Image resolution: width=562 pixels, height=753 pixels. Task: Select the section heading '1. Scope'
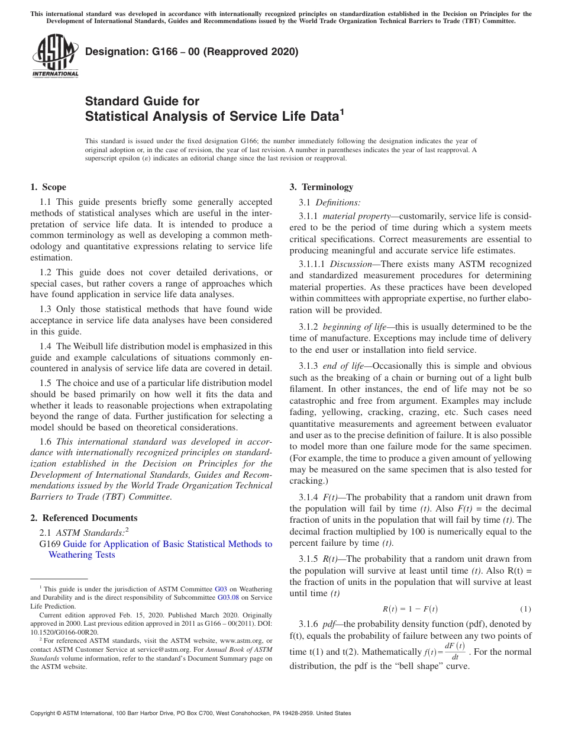48,187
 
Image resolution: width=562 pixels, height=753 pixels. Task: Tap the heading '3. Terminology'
321,187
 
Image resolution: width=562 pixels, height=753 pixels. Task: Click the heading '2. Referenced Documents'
84,518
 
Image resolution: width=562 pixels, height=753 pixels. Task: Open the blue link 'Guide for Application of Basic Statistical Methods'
167,544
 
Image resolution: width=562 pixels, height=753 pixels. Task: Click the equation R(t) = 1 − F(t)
410,609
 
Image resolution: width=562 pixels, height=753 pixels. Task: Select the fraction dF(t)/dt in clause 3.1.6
454,651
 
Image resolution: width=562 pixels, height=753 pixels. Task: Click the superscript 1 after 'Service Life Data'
341,112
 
